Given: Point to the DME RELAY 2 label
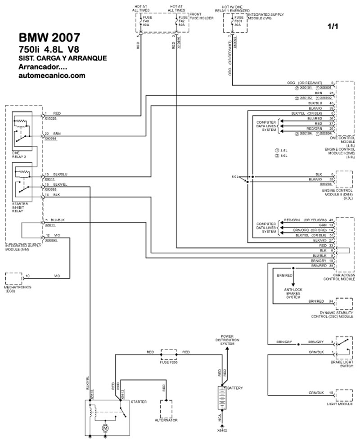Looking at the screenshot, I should [20, 155].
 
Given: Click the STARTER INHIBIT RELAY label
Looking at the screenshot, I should [20, 206].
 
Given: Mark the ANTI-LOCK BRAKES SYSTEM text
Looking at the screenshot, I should [293, 293].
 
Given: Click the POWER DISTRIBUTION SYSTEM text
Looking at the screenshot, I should [227, 340].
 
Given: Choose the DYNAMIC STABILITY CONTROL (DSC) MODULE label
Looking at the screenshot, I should [333, 314].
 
